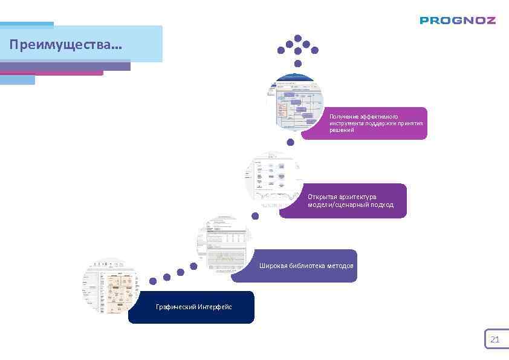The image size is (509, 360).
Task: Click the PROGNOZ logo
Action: click(x=458, y=20)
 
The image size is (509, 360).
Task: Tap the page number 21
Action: click(x=494, y=339)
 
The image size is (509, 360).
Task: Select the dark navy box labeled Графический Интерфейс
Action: click(x=191, y=307)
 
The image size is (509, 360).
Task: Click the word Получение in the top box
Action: click(x=344, y=116)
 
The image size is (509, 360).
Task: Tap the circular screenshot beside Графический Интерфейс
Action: click(x=110, y=286)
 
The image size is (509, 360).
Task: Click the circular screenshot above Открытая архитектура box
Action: click(x=274, y=179)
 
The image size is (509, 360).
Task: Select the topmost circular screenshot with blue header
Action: click(x=296, y=102)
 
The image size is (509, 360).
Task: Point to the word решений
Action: click(x=342, y=130)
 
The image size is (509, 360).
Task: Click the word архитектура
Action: click(x=359, y=197)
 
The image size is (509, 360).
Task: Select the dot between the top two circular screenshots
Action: click(x=290, y=143)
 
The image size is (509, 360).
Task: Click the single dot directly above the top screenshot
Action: click(x=297, y=63)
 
